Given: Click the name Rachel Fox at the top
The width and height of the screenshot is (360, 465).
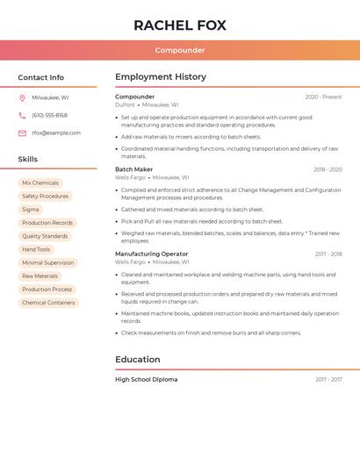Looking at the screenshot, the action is tap(180, 25).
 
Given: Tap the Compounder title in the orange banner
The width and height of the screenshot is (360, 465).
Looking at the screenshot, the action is tap(180, 51).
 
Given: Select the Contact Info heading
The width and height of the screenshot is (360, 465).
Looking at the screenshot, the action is tap(40, 77).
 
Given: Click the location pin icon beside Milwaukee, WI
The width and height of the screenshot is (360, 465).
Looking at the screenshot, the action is tap(22, 98).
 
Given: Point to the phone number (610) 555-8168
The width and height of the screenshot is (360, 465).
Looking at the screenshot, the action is tap(49, 115).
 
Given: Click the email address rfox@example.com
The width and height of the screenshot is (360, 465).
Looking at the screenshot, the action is tap(56, 133).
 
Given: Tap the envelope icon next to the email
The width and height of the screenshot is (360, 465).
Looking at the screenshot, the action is tap(22, 133).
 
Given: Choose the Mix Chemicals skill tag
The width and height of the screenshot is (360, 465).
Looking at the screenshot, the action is tap(40, 183).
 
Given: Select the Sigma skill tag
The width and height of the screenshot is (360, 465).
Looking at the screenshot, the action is tap(31, 210).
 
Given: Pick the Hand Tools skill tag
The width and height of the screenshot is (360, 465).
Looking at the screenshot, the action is tap(36, 249).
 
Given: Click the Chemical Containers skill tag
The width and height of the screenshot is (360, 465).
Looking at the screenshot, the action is tap(48, 303).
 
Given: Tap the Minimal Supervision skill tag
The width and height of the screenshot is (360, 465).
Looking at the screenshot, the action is tap(47, 262).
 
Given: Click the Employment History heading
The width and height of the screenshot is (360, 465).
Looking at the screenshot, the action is tap(161, 77).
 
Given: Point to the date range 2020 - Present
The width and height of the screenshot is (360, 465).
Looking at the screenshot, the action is tap(323, 97).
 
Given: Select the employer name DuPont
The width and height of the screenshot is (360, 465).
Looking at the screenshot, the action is tap(125, 105).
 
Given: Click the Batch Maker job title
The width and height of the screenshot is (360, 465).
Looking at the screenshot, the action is tap(133, 169).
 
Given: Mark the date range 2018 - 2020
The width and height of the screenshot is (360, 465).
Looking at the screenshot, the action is tap(328, 169).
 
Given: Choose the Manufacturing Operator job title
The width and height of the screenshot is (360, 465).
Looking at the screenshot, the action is tap(151, 254).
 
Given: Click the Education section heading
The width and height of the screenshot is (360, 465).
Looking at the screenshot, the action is tap(138, 360).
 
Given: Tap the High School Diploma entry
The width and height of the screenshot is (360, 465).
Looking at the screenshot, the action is tap(146, 380).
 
